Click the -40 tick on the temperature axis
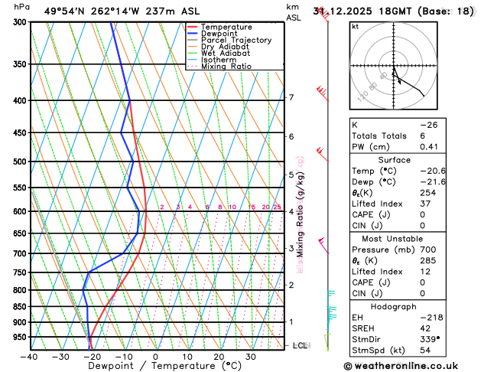pos(29,357)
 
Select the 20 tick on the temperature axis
pos(219,357)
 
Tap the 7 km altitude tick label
pos(291,97)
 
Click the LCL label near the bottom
pos(301,346)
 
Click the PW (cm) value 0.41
pos(449,147)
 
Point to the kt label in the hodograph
pos(356,26)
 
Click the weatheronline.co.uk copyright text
pos(409,367)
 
